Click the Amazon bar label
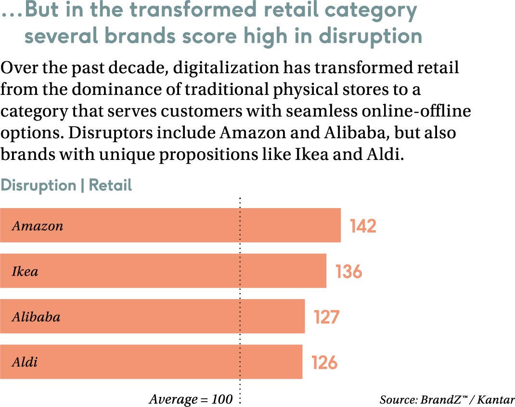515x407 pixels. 38,226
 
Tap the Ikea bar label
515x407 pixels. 25,272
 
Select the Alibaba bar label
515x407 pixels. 36,317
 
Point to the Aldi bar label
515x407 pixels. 25,362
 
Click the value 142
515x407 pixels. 363,226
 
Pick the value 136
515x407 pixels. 348,272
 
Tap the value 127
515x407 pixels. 327,317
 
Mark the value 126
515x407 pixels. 324,362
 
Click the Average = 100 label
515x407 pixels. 191,399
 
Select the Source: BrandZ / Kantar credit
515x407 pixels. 447,400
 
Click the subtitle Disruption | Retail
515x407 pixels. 66,185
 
